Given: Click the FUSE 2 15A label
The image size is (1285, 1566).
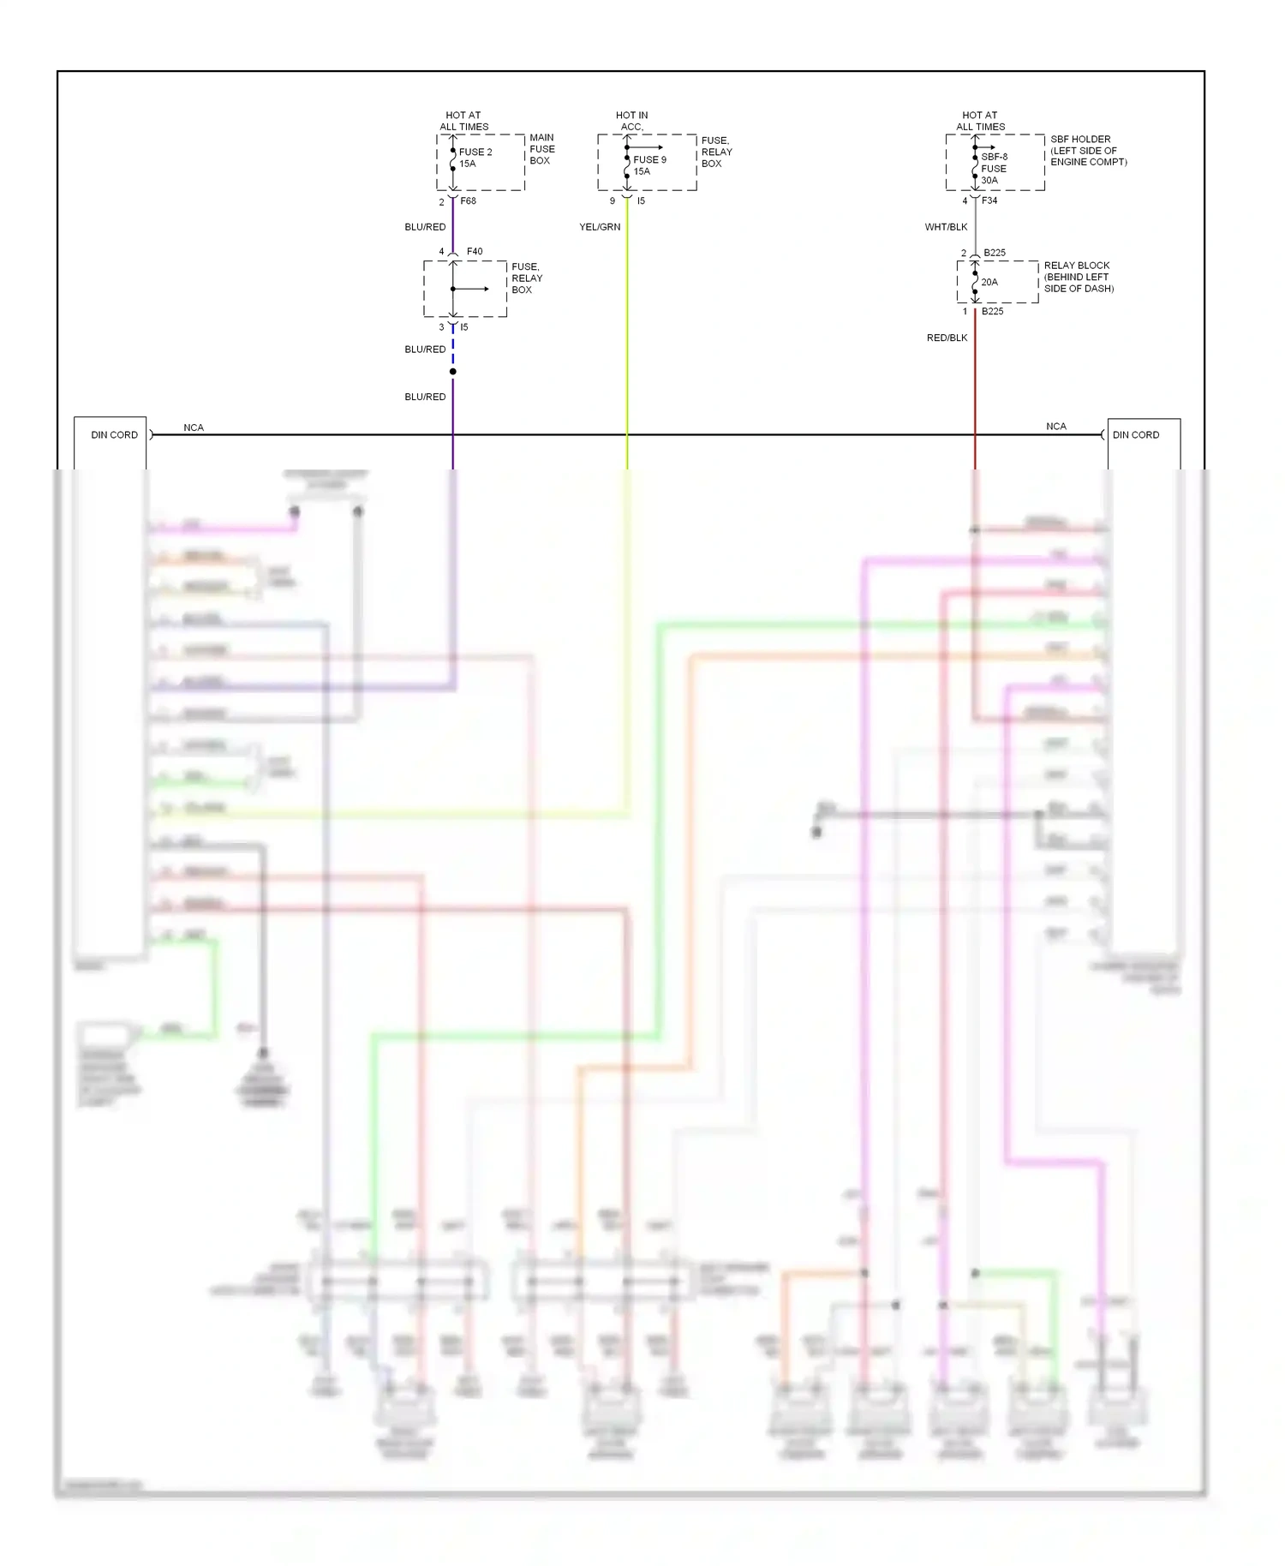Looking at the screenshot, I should click(475, 158).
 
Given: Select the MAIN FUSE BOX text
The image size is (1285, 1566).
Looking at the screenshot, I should click(541, 149).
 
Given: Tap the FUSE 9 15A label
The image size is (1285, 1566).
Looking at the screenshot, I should click(648, 165).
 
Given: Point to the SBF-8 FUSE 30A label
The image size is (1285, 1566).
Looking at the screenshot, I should click(994, 169).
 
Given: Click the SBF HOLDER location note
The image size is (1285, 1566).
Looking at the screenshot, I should click(1088, 150).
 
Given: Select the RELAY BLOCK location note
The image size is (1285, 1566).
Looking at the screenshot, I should click(1079, 277).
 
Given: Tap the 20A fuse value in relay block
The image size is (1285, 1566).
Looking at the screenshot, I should click(989, 282).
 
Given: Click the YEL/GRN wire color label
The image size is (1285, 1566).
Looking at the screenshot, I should click(600, 227).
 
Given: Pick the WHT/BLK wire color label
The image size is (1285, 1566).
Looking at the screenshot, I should click(946, 227).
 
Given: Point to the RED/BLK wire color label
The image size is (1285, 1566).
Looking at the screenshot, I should click(947, 338).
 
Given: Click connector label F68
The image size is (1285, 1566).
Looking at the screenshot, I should click(468, 201).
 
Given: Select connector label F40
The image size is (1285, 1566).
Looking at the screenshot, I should click(475, 252).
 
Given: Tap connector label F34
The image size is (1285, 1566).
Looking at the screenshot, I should click(989, 200).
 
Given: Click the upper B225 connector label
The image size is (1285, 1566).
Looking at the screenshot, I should click(995, 253).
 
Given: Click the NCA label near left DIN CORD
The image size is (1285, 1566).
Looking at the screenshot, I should click(194, 427).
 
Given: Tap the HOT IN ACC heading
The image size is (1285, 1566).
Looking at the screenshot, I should click(631, 121).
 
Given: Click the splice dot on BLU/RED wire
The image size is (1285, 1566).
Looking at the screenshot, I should click(453, 372).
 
